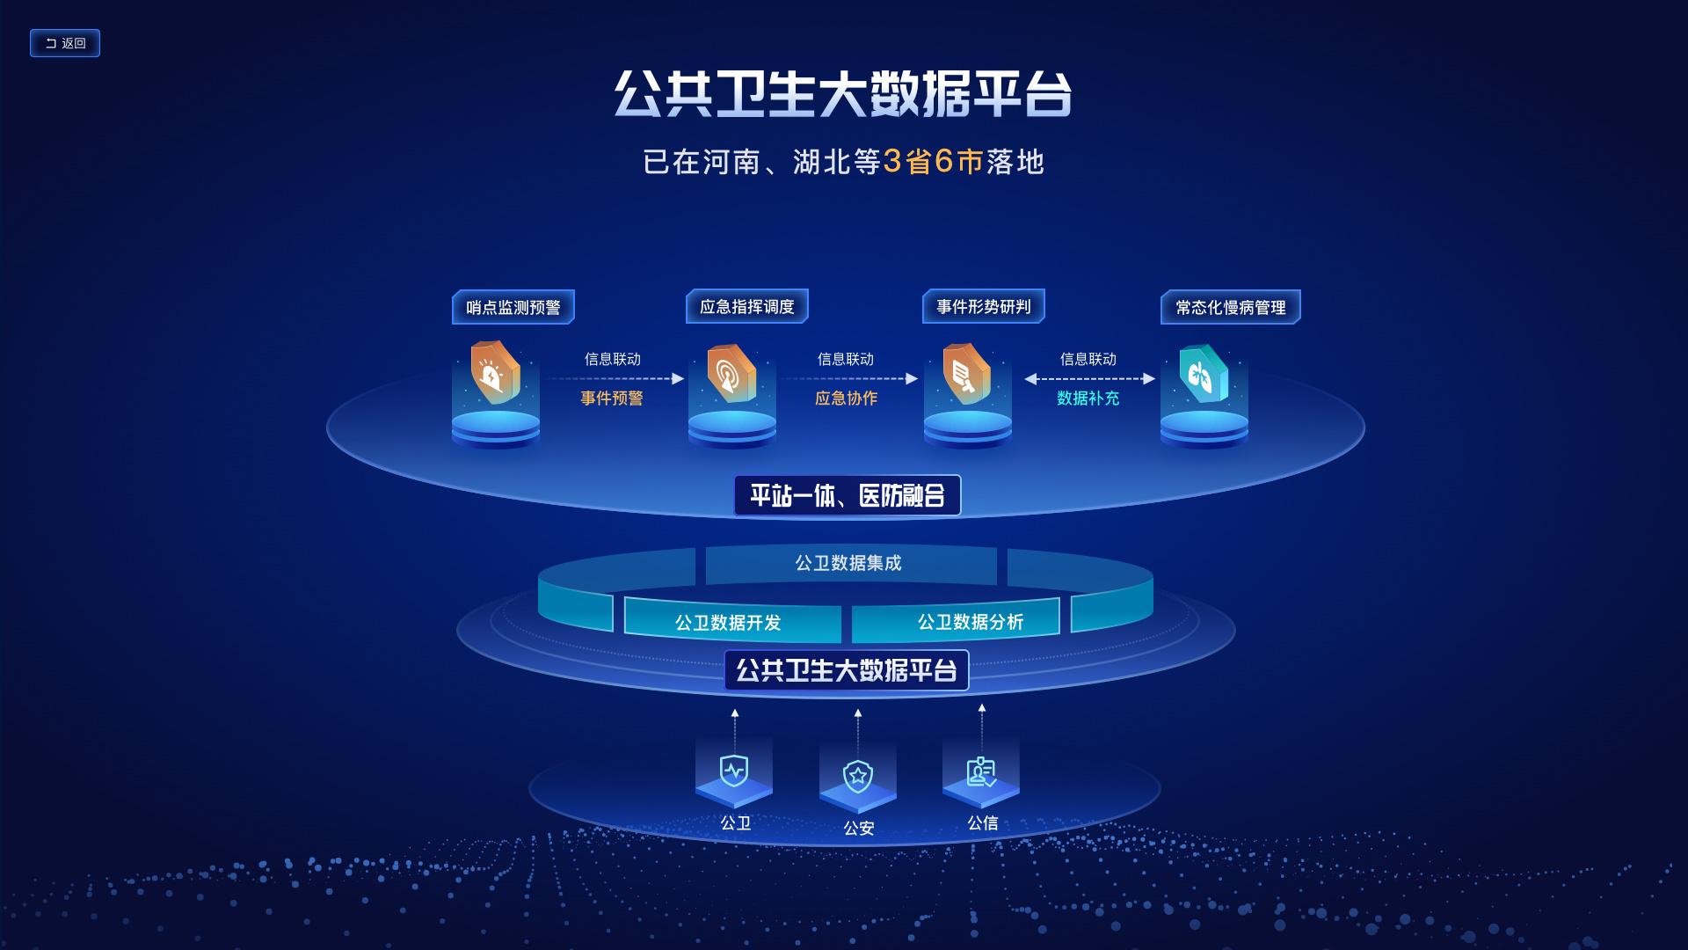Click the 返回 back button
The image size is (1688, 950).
65,43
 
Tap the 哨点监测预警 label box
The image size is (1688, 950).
513,307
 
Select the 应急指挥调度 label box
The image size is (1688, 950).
747,306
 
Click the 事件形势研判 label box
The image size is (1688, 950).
983,306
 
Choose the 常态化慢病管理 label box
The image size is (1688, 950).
1230,307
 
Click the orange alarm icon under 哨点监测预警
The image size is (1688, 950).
494,373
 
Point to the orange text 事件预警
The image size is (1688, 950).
612,398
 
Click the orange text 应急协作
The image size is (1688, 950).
846,398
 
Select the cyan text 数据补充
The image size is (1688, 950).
1088,398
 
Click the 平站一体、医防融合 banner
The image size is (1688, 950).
847,495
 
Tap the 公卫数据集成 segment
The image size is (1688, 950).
849,563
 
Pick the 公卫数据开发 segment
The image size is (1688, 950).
729,623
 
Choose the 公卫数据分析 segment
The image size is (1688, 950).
970,622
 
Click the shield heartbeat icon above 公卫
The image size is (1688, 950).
734,771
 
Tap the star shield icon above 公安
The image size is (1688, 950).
857,776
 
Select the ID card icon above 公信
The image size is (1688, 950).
981,772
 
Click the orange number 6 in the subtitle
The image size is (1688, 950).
944,161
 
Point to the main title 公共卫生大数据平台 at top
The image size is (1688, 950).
843,93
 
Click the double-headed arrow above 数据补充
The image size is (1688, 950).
1089,379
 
